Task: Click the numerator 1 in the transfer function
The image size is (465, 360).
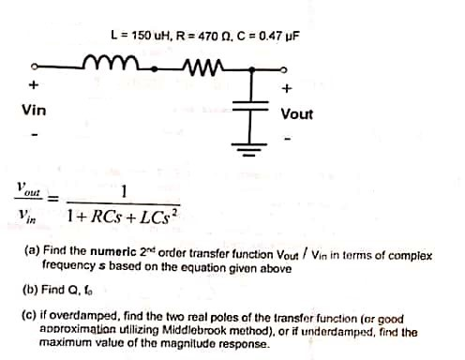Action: pos(125,192)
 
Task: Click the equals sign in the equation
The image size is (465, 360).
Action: pos(53,199)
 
